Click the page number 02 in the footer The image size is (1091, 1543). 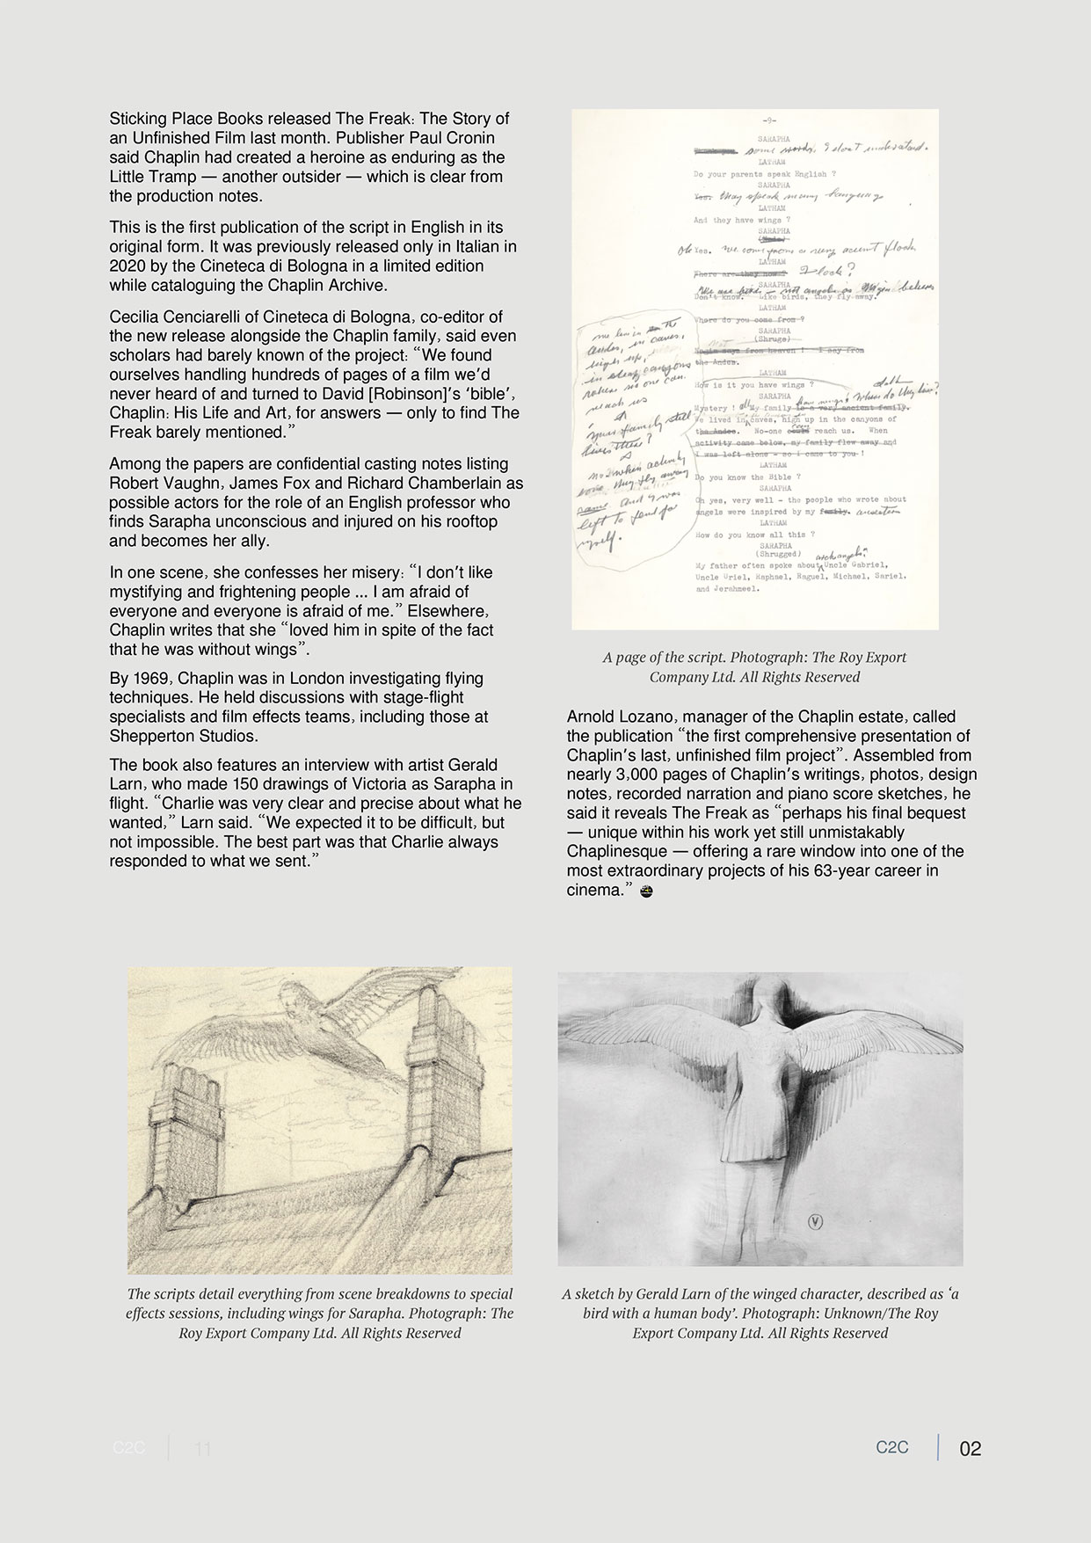pyautogui.click(x=970, y=1448)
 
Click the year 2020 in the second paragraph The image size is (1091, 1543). pyautogui.click(x=127, y=266)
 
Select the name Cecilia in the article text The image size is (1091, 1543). pyautogui.click(x=136, y=317)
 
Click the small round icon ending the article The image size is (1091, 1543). pyautogui.click(x=646, y=892)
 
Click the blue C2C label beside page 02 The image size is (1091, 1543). pyautogui.click(x=891, y=1447)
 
